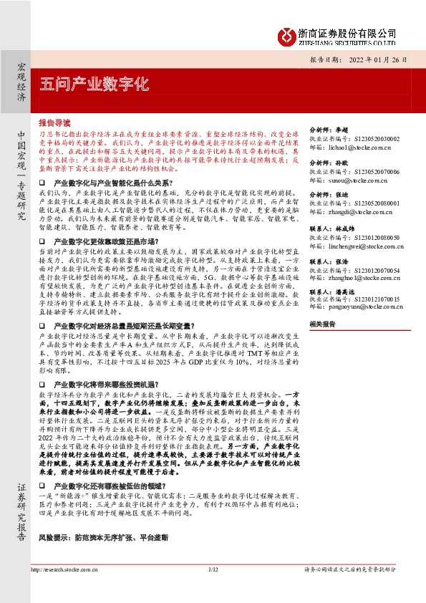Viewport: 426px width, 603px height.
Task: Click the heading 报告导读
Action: pyautogui.click(x=55, y=122)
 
